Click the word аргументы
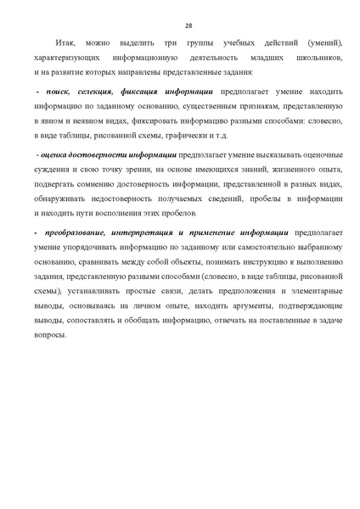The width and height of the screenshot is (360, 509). [242, 299]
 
